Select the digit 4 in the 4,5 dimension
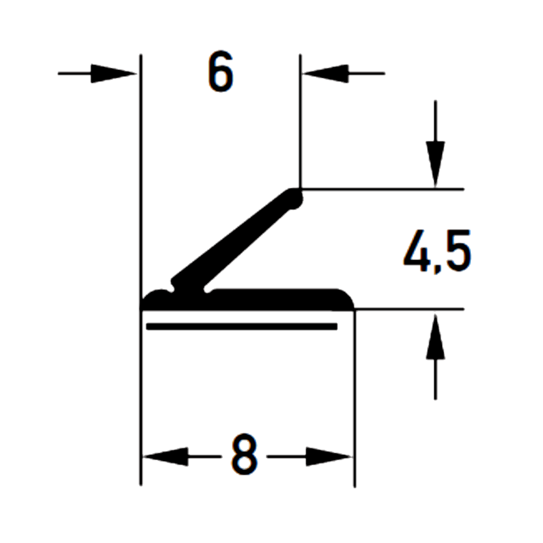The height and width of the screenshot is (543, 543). coord(416,251)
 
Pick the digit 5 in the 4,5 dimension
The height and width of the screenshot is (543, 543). coord(457,251)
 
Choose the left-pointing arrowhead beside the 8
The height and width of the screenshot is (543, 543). coord(166,456)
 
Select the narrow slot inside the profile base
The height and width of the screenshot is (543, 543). coord(242,326)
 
